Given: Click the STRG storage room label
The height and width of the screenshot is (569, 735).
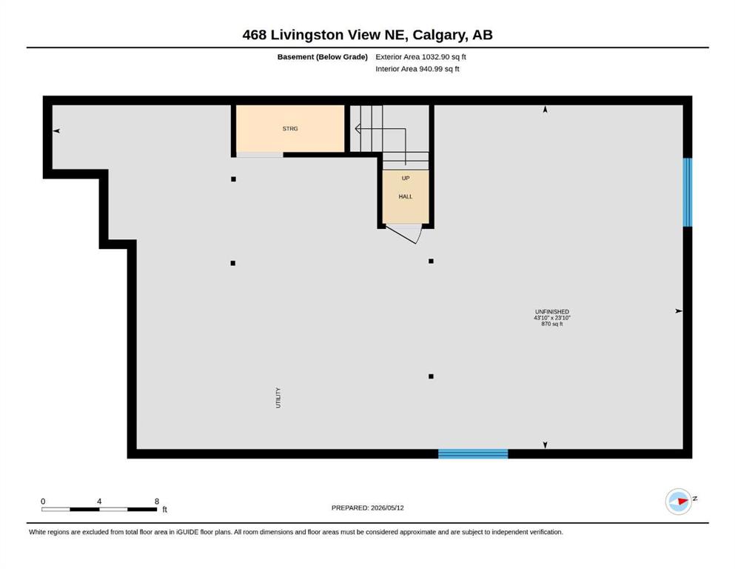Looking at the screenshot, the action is (290, 128).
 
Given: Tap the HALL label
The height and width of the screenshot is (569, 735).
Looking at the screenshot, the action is (406, 196).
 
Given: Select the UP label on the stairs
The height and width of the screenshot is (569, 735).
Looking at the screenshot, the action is (406, 179).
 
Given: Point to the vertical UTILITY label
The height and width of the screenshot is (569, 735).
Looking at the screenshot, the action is (278, 398).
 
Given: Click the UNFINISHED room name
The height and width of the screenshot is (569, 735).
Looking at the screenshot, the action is (552, 311).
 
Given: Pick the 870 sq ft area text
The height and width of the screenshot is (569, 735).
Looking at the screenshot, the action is (552, 324).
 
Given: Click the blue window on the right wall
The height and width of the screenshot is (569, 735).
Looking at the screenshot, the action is (687, 193).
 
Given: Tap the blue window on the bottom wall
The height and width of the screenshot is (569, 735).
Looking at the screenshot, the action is (473, 453).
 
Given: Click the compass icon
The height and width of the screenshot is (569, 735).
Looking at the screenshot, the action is (679, 502).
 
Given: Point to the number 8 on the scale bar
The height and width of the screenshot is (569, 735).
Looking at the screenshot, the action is (157, 502).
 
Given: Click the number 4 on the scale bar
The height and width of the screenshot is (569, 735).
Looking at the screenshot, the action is (99, 502).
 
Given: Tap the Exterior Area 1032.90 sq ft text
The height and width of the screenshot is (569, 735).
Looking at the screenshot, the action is (420, 57).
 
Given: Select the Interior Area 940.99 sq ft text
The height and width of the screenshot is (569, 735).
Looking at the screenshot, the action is (417, 69).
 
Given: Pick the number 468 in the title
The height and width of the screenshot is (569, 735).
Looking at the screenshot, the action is (255, 35).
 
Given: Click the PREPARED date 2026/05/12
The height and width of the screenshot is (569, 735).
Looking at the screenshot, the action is (387, 508).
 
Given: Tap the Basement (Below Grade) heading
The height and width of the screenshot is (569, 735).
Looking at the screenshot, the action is (323, 57).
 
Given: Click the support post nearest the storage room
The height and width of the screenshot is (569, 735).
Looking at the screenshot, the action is (233, 179).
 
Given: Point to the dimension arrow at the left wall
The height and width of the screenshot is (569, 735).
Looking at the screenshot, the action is (56, 131).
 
